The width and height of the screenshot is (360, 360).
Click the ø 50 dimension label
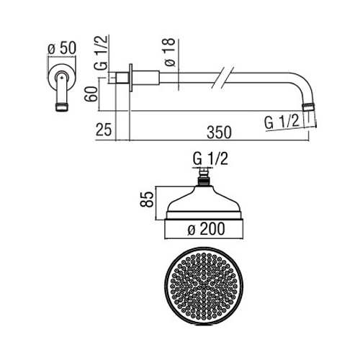point(62,48)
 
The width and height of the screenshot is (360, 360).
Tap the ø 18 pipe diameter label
point(170,52)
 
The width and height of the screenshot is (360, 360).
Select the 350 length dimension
point(219,132)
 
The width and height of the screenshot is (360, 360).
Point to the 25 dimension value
point(104,130)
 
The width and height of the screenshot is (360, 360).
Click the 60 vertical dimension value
point(92,94)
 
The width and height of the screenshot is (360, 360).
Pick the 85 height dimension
point(147,199)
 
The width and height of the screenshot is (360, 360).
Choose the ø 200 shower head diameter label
point(206,229)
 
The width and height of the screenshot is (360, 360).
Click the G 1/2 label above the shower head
point(210,158)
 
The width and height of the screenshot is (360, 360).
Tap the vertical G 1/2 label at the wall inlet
point(101,53)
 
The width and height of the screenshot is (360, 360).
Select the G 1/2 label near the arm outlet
point(282,122)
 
